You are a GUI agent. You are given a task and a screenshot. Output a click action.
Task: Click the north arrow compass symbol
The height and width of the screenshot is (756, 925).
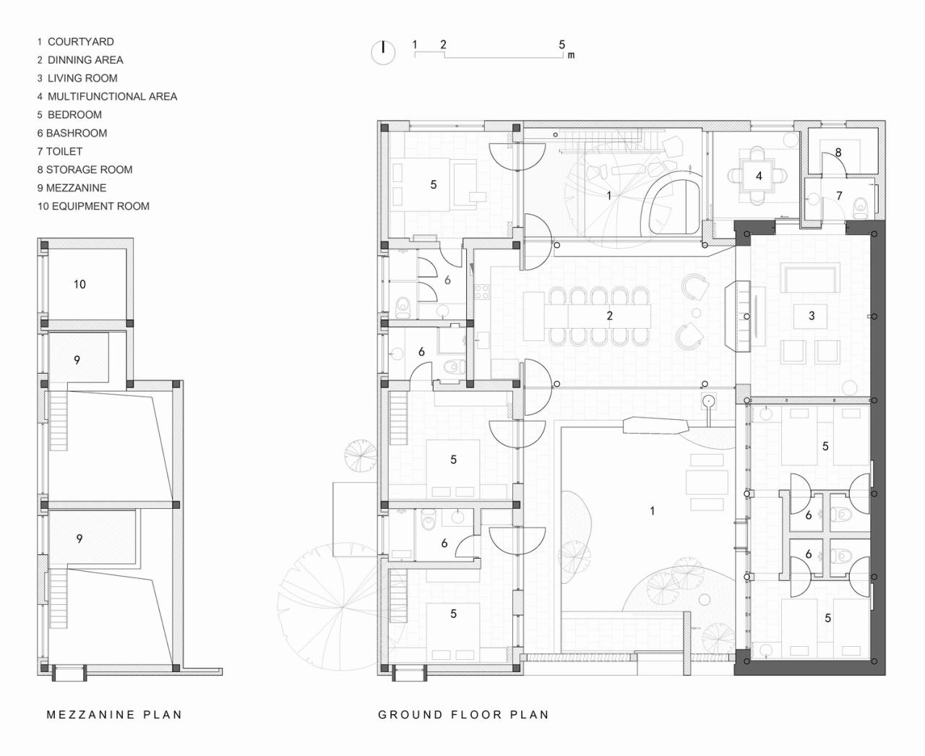coord(383,52)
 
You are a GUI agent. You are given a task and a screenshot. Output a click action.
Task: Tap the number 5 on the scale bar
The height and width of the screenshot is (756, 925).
coord(562,45)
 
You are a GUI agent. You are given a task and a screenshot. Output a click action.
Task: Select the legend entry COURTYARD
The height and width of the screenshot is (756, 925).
coord(79,42)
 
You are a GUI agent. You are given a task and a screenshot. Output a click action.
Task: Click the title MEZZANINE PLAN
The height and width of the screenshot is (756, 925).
coord(114,715)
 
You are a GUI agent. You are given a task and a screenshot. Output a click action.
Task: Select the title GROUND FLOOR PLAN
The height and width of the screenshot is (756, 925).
coord(463,715)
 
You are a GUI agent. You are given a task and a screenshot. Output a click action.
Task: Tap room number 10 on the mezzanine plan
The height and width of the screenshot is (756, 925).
coord(79,284)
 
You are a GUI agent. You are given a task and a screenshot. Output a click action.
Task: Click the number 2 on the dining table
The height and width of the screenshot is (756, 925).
coord(610,316)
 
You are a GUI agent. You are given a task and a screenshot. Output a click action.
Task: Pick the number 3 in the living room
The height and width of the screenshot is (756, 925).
coord(812,316)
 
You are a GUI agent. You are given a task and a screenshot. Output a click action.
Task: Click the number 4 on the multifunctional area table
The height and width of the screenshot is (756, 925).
coord(759,176)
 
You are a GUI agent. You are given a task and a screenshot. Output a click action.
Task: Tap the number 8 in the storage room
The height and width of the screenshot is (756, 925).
coord(838,153)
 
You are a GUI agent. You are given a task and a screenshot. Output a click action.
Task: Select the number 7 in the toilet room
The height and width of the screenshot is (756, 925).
coord(839,196)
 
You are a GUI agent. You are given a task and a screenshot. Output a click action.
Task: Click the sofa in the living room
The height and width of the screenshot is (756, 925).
coord(811,278)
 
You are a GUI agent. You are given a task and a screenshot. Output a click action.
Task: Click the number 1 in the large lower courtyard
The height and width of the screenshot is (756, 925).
coord(652,511)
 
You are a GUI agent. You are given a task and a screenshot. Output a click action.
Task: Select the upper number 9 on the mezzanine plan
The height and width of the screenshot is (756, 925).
coord(77,360)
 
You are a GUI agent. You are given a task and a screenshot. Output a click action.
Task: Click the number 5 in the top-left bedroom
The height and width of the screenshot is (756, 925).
coord(434,185)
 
